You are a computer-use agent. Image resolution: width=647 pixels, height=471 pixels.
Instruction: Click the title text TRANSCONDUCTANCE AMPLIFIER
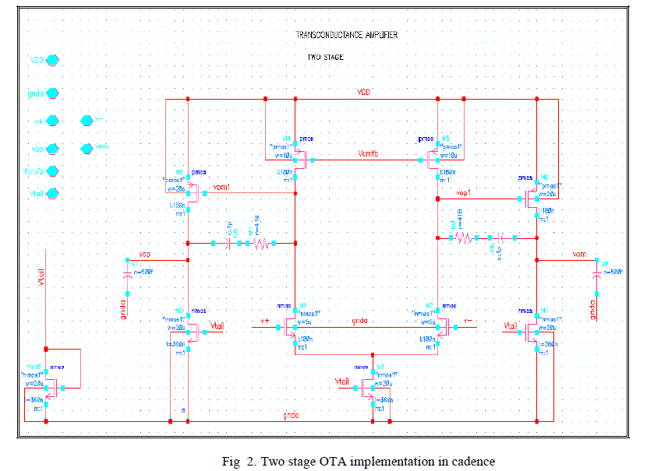[348, 35]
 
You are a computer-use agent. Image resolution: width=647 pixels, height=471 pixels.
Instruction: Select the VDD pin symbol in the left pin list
[53, 59]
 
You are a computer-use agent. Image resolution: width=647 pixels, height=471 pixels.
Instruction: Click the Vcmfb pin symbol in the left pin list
[53, 171]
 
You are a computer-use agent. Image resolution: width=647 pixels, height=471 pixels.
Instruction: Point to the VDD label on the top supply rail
[364, 93]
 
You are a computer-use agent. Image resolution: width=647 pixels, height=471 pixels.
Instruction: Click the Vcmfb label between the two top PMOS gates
[370, 153]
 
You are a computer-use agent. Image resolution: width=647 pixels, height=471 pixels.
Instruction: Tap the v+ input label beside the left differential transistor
[264, 321]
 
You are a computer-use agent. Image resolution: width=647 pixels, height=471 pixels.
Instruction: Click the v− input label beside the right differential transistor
[467, 321]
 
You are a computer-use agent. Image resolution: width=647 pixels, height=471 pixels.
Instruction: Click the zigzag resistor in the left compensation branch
[260, 244]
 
